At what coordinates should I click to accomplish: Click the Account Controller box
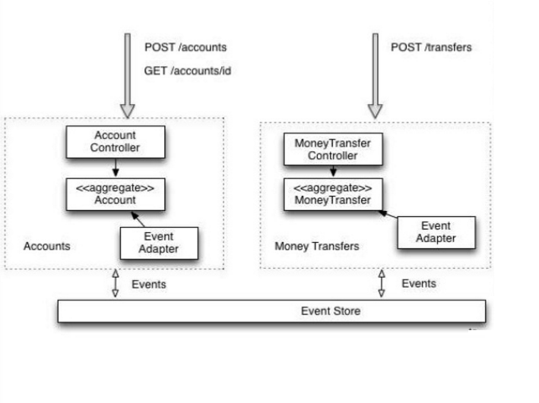point(115,142)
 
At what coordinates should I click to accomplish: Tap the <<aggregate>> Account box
point(115,194)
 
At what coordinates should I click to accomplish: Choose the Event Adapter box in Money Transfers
point(436,232)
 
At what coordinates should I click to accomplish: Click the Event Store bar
point(271,311)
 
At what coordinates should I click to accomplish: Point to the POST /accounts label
point(185,47)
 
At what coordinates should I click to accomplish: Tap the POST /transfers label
point(431,47)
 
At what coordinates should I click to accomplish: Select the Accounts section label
point(47,246)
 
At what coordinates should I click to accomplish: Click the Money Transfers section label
point(316,247)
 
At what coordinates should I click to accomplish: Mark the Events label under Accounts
point(149,285)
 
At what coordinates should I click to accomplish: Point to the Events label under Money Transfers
point(419,283)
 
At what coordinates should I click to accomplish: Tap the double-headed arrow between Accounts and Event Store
point(116,284)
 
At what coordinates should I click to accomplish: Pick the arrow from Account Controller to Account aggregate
point(115,166)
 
